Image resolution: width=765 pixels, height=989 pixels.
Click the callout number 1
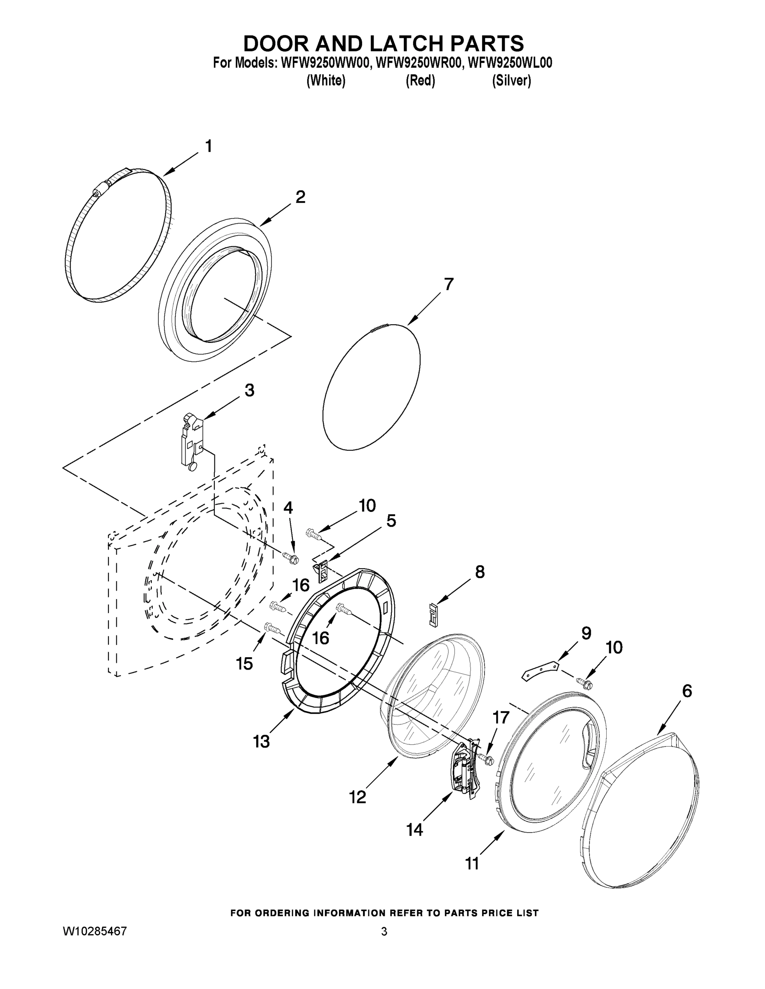(208, 147)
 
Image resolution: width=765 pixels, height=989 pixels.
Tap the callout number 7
(448, 284)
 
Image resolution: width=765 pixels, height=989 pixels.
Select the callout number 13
(261, 742)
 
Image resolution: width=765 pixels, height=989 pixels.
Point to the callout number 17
(501, 718)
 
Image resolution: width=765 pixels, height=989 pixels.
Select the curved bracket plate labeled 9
(540, 670)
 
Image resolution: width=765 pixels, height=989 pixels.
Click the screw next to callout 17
(485, 759)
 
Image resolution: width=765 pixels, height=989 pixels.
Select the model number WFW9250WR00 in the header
(418, 63)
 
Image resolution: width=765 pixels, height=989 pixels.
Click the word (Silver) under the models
(511, 81)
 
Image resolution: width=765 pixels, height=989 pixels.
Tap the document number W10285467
(94, 931)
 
